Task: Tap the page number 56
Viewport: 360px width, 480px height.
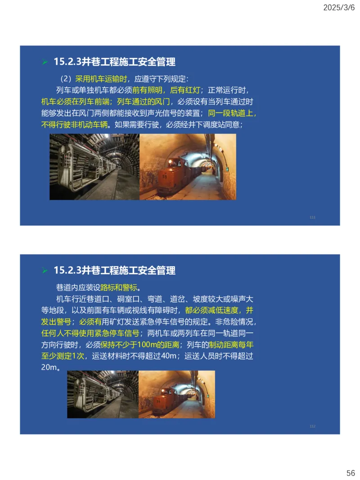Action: pyautogui.click(x=351, y=473)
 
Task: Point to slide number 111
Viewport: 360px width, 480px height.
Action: pyautogui.click(x=312, y=217)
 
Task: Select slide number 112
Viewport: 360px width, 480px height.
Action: pyautogui.click(x=312, y=426)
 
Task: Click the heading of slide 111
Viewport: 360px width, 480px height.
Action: pyautogui.click(x=114, y=62)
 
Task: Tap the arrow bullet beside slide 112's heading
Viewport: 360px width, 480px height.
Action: pyautogui.click(x=45, y=270)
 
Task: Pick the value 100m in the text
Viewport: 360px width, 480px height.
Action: pyautogui.click(x=148, y=345)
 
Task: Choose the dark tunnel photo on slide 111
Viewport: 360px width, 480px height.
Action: pyautogui.click(x=94, y=166)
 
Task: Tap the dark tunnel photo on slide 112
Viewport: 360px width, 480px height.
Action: pyautogui.click(x=103, y=394)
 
